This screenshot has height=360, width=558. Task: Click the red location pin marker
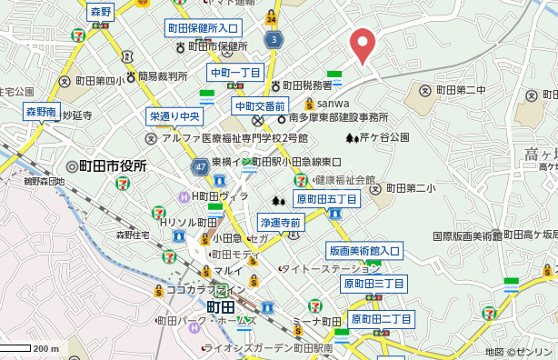tap(364, 45)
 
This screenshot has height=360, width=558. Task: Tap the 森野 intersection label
tap(101, 12)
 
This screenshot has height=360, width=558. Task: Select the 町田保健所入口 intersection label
tap(203, 29)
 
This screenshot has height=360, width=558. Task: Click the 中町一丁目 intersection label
tap(235, 73)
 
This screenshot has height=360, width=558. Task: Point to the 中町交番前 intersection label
tap(260, 106)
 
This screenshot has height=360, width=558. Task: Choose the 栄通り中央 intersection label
tap(174, 116)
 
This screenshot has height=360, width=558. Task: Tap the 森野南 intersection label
tap(41, 112)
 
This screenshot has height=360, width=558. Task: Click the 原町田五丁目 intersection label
tap(327, 199)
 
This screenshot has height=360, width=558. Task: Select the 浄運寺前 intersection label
tap(280, 222)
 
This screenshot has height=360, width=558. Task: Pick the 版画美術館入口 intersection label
tap(364, 251)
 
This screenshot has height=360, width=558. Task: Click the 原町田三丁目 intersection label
tap(374, 284)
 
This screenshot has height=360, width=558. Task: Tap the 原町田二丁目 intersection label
tap(382, 319)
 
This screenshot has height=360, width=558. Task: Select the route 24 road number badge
tap(272, 17)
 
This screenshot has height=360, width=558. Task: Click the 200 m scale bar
tap(27, 348)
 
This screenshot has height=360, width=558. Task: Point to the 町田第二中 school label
tap(453, 90)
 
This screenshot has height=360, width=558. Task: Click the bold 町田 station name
tap(222, 307)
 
